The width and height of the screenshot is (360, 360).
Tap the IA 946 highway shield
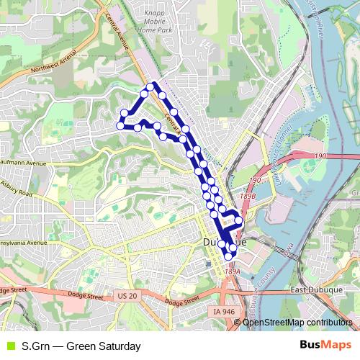(224, 311)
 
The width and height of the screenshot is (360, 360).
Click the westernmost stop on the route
(120, 125)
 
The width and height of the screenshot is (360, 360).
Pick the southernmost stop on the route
(228, 255)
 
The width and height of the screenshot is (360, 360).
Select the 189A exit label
(231, 271)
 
